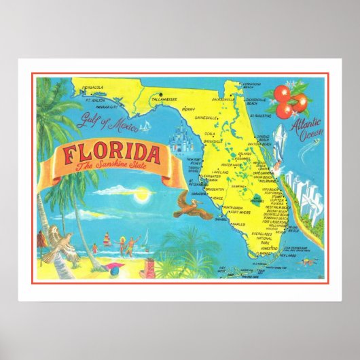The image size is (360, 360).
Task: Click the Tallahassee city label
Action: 162,98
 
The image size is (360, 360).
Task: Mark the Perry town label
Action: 189,109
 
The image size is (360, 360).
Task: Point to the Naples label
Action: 238,223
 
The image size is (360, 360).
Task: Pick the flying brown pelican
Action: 191,204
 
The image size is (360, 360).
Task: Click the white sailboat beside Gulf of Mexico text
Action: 145,126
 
